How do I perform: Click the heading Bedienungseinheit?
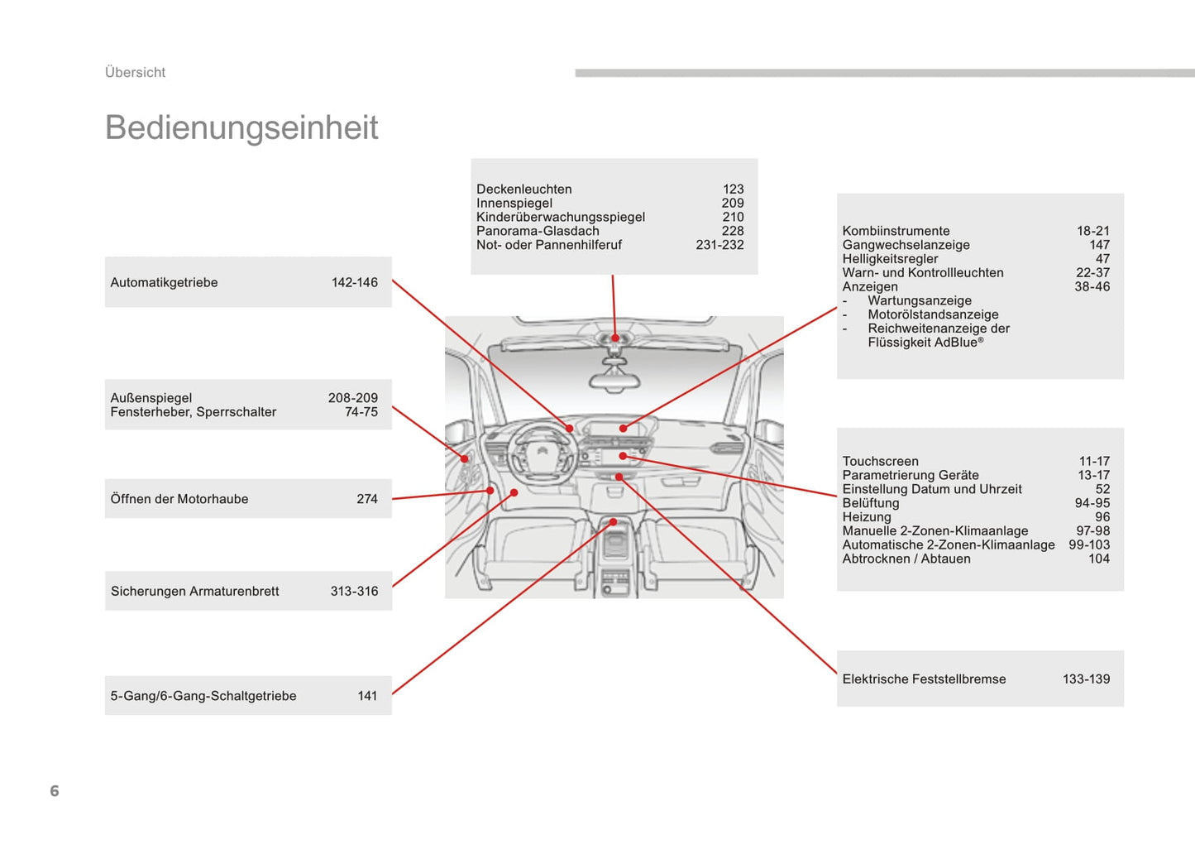[x=241, y=128]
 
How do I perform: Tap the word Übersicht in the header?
[x=135, y=73]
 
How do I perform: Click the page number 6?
[x=55, y=791]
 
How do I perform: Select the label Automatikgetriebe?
[x=164, y=283]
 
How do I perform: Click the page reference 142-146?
[x=354, y=283]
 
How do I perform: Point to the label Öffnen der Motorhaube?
[x=179, y=500]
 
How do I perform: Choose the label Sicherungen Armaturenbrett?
[x=194, y=592]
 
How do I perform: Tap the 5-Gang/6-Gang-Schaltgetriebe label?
[x=203, y=697]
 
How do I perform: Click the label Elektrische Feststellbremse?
[x=924, y=679]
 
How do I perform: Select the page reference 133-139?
[x=1086, y=679]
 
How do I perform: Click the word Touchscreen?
[x=880, y=462]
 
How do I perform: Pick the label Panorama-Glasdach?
[x=538, y=232]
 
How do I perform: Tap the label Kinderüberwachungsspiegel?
[x=560, y=218]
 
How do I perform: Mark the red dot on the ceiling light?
[x=615, y=338]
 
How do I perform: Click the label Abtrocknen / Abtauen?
[x=906, y=559]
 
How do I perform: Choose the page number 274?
[x=367, y=500]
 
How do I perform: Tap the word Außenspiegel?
[x=151, y=399]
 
